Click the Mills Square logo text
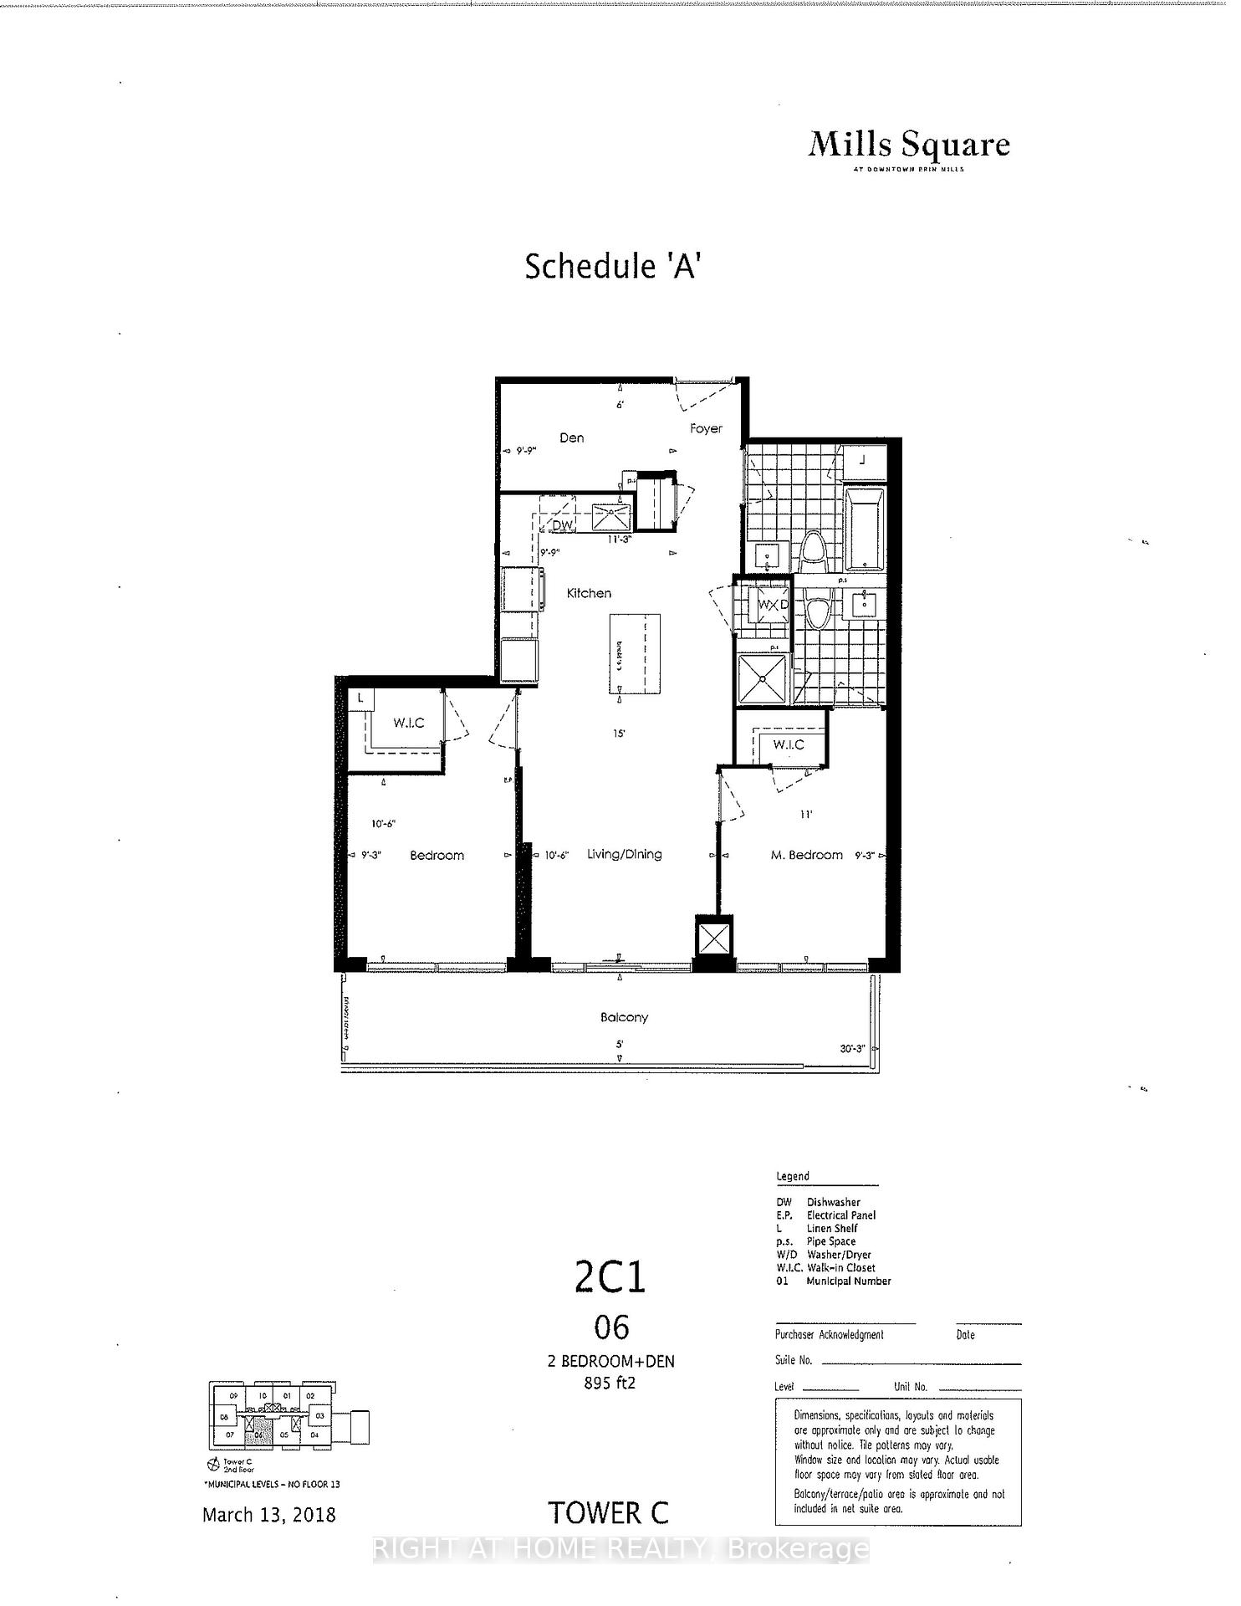(909, 146)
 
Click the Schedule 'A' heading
(611, 266)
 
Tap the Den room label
(572, 438)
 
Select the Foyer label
(706, 428)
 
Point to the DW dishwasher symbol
(564, 525)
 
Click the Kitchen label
(589, 593)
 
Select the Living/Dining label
(624, 854)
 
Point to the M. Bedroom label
(806, 855)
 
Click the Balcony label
(624, 1018)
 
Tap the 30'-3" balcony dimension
(853, 1049)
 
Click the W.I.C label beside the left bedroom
(409, 723)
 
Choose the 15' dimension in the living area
(620, 734)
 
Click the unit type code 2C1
(610, 1277)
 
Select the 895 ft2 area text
(610, 1383)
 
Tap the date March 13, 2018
(269, 1515)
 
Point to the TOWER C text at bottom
(608, 1513)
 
